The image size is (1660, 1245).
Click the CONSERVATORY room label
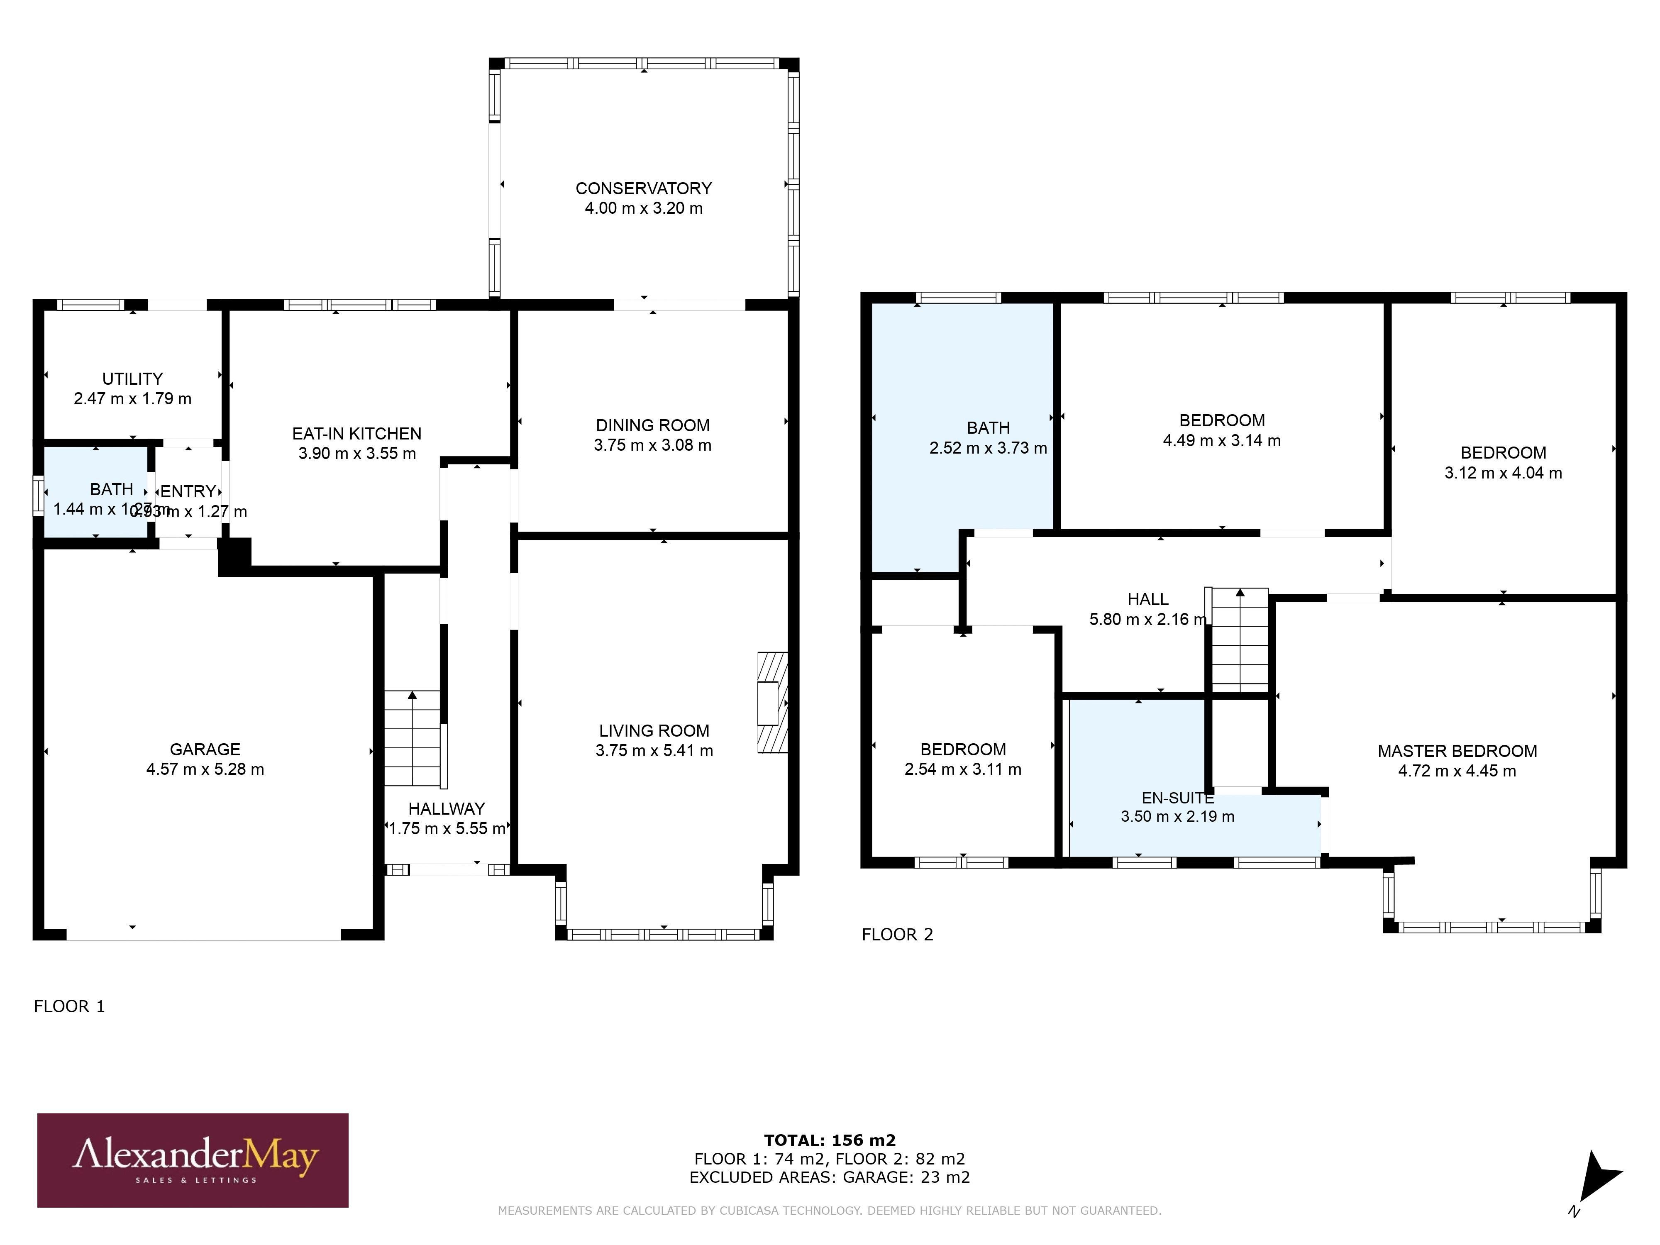click(643, 188)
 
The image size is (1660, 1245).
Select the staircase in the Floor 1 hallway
click(412, 738)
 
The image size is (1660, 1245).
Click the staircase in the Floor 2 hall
click(1240, 640)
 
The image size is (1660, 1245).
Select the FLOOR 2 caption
click(897, 934)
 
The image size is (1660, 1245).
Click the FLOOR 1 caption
click(69, 1006)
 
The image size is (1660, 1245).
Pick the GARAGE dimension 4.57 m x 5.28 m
click(205, 769)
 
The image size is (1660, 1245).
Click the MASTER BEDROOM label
click(1457, 751)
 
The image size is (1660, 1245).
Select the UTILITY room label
click(132, 379)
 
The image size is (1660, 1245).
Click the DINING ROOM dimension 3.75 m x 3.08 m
click(652, 445)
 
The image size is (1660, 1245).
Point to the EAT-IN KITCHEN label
click(356, 434)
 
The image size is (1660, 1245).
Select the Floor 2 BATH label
click(988, 428)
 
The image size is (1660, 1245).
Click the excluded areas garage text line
click(829, 1177)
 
